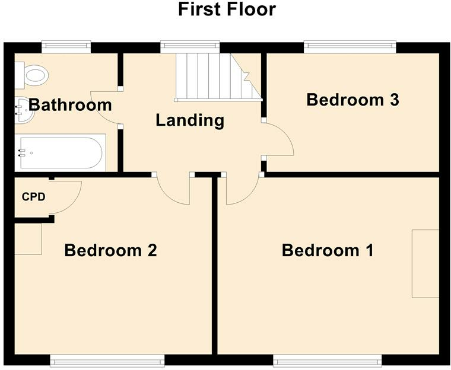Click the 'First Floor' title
click(227, 9)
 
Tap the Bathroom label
click(70, 105)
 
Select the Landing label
click(190, 120)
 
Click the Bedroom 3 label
click(352, 100)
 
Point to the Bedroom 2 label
click(110, 250)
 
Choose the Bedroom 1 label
click(328, 250)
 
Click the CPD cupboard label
click(34, 197)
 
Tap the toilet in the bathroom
click(31, 75)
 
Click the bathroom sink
click(25, 110)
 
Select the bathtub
click(61, 152)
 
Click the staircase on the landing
click(218, 77)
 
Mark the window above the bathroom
click(66, 47)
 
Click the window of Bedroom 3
click(350, 47)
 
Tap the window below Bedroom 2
click(107, 361)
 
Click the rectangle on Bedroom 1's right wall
click(425, 264)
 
